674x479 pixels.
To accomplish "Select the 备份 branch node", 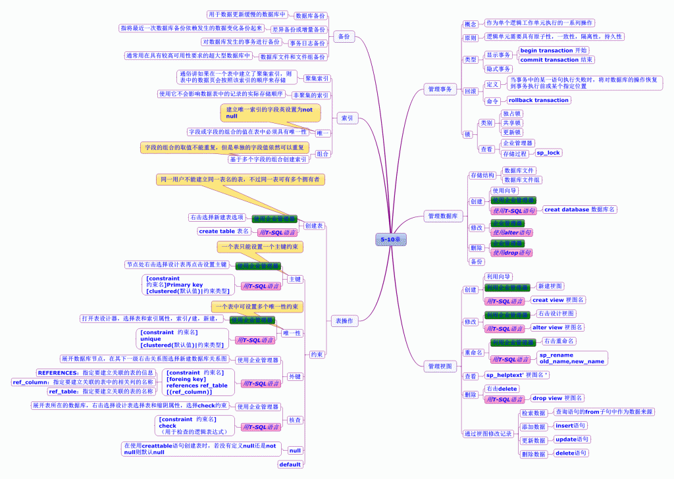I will pyautogui.click(x=344, y=37).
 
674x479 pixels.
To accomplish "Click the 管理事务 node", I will pyautogui.click(x=440, y=89).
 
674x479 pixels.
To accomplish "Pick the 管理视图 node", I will pyautogui.click(x=440, y=366).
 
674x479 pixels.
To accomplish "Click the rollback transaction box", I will pyautogui.click(x=538, y=101).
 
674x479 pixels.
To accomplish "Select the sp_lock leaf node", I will pyautogui.click(x=548, y=153).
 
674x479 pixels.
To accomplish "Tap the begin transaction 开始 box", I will pyautogui.click(x=554, y=51).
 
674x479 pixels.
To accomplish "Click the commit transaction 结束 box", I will pyautogui.click(x=556, y=60).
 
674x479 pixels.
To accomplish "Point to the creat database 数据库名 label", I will pyautogui.click(x=580, y=209).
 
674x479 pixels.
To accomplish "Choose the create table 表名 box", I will pyautogui.click(x=224, y=232).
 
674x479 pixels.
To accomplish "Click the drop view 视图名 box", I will pyautogui.click(x=557, y=398).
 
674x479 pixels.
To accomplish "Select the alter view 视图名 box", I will pyautogui.click(x=557, y=327).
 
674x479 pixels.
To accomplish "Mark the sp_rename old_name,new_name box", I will pyautogui.click(x=571, y=358).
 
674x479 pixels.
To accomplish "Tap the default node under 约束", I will pyautogui.click(x=290, y=465).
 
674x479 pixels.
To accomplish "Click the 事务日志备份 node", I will pyautogui.click(x=308, y=43).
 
